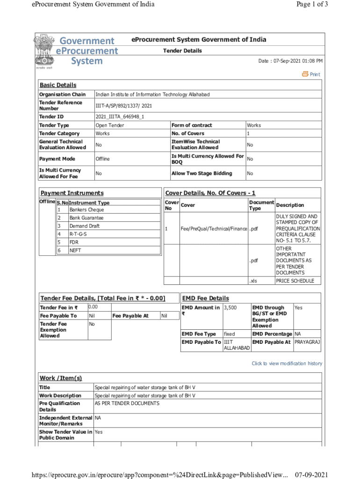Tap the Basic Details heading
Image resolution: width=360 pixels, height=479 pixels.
pyautogui.click(x=58, y=85)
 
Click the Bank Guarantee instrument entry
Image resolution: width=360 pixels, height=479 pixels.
pyautogui.click(x=86, y=218)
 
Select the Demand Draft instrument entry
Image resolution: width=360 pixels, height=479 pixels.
pyautogui.click(x=85, y=226)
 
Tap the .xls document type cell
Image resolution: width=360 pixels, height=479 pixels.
pyautogui.click(x=253, y=281)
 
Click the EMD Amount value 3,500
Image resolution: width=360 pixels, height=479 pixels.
pyautogui.click(x=230, y=307)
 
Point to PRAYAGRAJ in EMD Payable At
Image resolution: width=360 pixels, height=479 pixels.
pyautogui.click(x=307, y=342)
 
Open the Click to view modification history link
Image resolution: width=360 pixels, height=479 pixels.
pyautogui.click(x=287, y=363)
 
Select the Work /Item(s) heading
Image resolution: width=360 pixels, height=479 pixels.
pyautogui.click(x=61, y=378)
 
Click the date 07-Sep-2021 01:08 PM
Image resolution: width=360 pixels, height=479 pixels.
pyautogui.click(x=290, y=61)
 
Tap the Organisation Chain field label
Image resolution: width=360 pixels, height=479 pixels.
pyautogui.click(x=62, y=94)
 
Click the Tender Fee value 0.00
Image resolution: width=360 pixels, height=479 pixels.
pyautogui.click(x=93, y=307)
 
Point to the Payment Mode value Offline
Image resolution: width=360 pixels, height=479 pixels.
pyautogui.click(x=102, y=159)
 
